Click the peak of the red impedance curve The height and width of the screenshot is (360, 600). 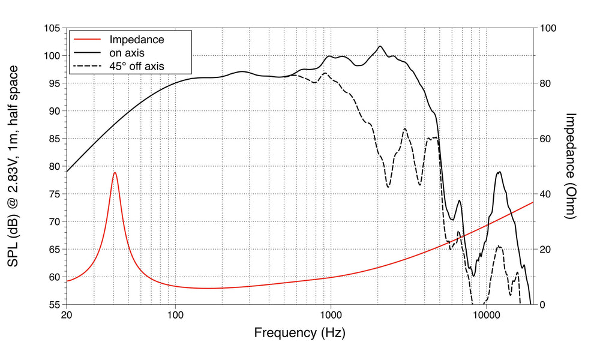[115, 173]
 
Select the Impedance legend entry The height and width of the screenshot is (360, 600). [136, 40]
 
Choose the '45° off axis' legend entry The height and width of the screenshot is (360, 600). [136, 66]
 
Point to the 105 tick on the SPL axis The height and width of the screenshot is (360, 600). [53, 28]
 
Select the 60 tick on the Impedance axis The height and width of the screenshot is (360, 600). [547, 139]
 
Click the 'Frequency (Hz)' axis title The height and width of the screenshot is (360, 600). [299, 332]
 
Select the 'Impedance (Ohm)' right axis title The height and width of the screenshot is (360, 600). [571, 166]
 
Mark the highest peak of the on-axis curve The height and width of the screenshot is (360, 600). [380, 46]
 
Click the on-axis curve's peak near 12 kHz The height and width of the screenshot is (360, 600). [499, 172]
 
